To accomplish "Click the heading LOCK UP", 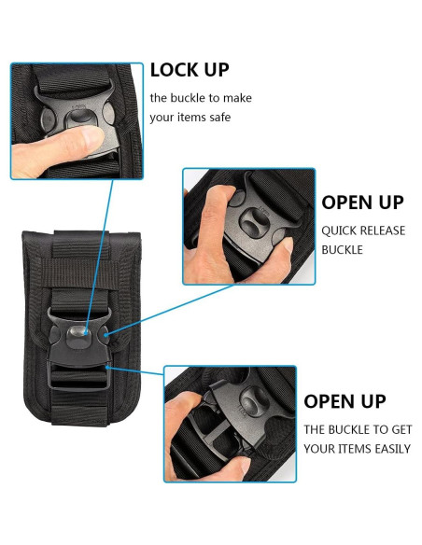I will point(189,70).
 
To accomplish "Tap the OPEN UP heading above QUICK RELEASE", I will point(363,203).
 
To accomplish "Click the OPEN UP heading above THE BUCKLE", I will point(345,401).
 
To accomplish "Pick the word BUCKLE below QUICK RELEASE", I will point(343,249).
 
